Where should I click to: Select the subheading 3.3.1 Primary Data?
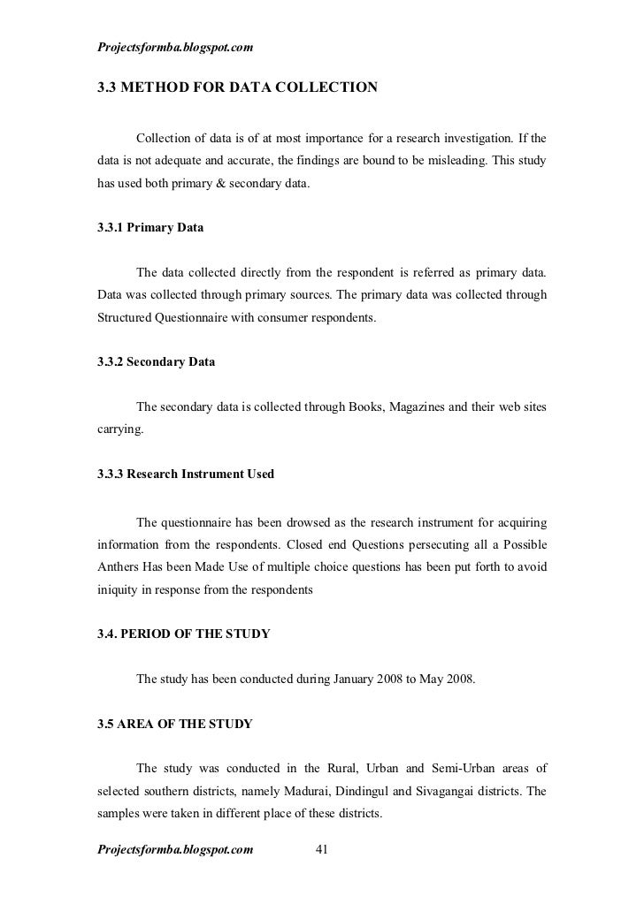point(150,227)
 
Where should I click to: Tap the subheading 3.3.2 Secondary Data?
point(156,363)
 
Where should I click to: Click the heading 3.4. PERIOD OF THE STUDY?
point(184,634)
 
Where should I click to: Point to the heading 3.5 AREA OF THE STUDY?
point(175,724)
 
